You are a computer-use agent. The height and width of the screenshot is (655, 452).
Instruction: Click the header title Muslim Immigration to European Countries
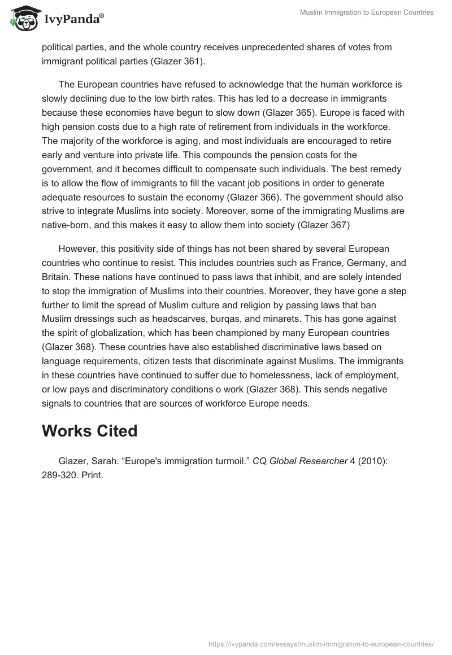(x=367, y=12)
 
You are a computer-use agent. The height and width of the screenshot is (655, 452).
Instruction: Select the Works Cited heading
(x=90, y=431)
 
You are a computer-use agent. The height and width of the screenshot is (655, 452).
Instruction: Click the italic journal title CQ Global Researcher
(x=299, y=461)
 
